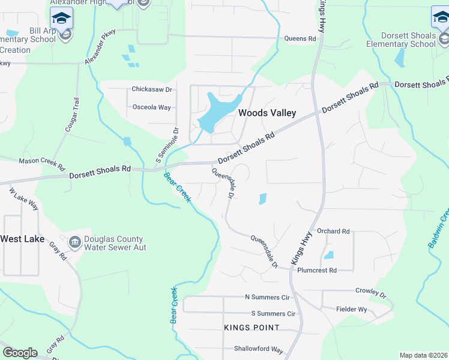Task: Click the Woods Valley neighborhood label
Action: pos(267,113)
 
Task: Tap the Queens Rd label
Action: pos(300,39)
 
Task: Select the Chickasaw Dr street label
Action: pos(152,89)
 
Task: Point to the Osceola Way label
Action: pos(151,107)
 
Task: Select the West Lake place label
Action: pos(22,239)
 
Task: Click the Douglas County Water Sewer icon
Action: pos(75,242)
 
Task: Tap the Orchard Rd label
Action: pos(333,231)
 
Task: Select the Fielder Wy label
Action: pos(351,309)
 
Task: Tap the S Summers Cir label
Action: pos(273,314)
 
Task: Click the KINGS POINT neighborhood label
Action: pos(252,328)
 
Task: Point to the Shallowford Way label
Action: pos(259,349)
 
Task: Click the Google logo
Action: pos(20,353)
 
